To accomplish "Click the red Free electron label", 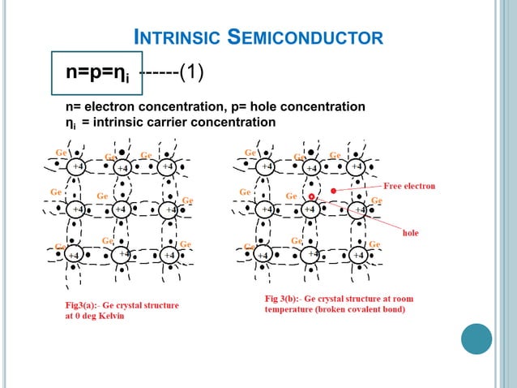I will [408, 185].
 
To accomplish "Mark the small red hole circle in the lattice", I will [311, 196].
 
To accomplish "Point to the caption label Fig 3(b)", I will [284, 298].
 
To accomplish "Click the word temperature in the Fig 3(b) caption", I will [297, 308].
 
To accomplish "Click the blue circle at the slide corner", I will [476, 339].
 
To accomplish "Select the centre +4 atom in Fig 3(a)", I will [119, 209].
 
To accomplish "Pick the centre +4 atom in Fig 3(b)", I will [309, 209].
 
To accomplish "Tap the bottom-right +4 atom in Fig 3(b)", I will [357, 254].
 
